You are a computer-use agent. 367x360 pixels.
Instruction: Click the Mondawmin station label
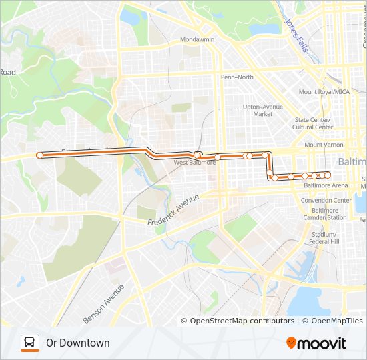[197, 40]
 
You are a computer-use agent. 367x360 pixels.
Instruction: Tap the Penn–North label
[237, 77]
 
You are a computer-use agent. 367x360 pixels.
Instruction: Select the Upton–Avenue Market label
[262, 110]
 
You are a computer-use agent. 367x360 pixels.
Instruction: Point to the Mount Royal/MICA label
[324, 92]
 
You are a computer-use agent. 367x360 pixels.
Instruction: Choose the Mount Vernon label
[323, 145]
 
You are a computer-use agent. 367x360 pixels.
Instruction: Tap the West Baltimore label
[195, 162]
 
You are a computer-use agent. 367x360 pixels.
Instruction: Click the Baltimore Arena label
[326, 185]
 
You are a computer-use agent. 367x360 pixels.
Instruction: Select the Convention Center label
[326, 200]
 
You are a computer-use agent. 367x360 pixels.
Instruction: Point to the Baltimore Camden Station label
[324, 213]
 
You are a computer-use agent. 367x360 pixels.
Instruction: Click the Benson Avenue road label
[104, 305]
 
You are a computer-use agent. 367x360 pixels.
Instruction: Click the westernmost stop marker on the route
[40, 155]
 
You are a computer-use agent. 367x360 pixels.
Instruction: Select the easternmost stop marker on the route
[328, 175]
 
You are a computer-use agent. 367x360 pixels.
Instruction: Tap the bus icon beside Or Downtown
[30, 343]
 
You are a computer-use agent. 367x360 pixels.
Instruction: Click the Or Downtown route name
[78, 343]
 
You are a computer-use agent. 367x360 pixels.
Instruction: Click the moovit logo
[316, 343]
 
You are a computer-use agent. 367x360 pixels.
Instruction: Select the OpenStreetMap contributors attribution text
[242, 321]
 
